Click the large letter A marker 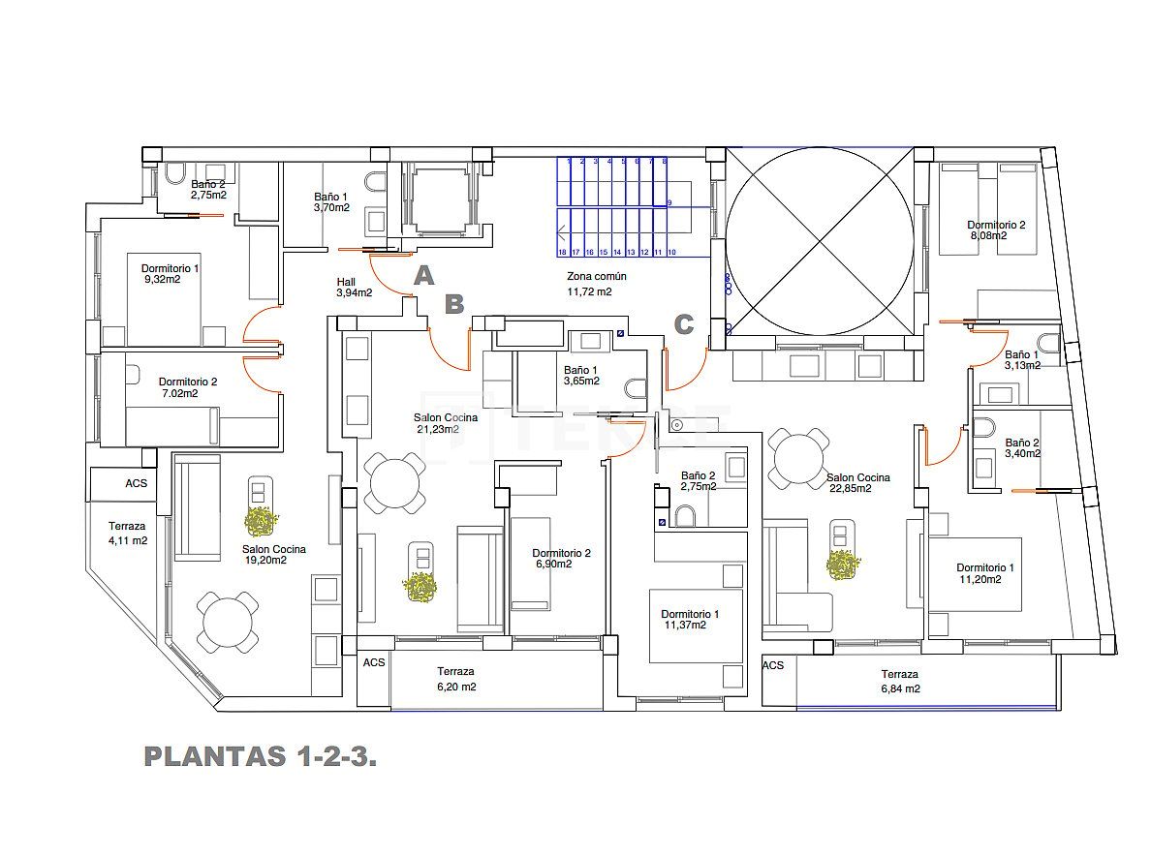pyautogui.click(x=422, y=277)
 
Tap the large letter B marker pyautogui.click(x=453, y=305)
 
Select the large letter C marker pyautogui.click(x=683, y=325)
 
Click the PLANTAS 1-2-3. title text pyautogui.click(x=260, y=756)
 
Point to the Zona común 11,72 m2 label pyautogui.click(x=596, y=283)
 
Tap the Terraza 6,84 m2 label pyautogui.click(x=899, y=681)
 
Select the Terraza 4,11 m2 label pyautogui.click(x=127, y=534)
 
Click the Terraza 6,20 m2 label pyautogui.click(x=455, y=678)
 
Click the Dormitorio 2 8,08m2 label pyautogui.click(x=995, y=229)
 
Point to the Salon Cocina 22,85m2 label pyautogui.click(x=857, y=482)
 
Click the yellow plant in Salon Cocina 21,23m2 pyautogui.click(x=420, y=587)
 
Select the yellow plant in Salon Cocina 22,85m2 pyautogui.click(x=843, y=565)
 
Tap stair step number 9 pyautogui.click(x=669, y=202)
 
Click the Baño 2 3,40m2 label pyautogui.click(x=1021, y=447)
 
